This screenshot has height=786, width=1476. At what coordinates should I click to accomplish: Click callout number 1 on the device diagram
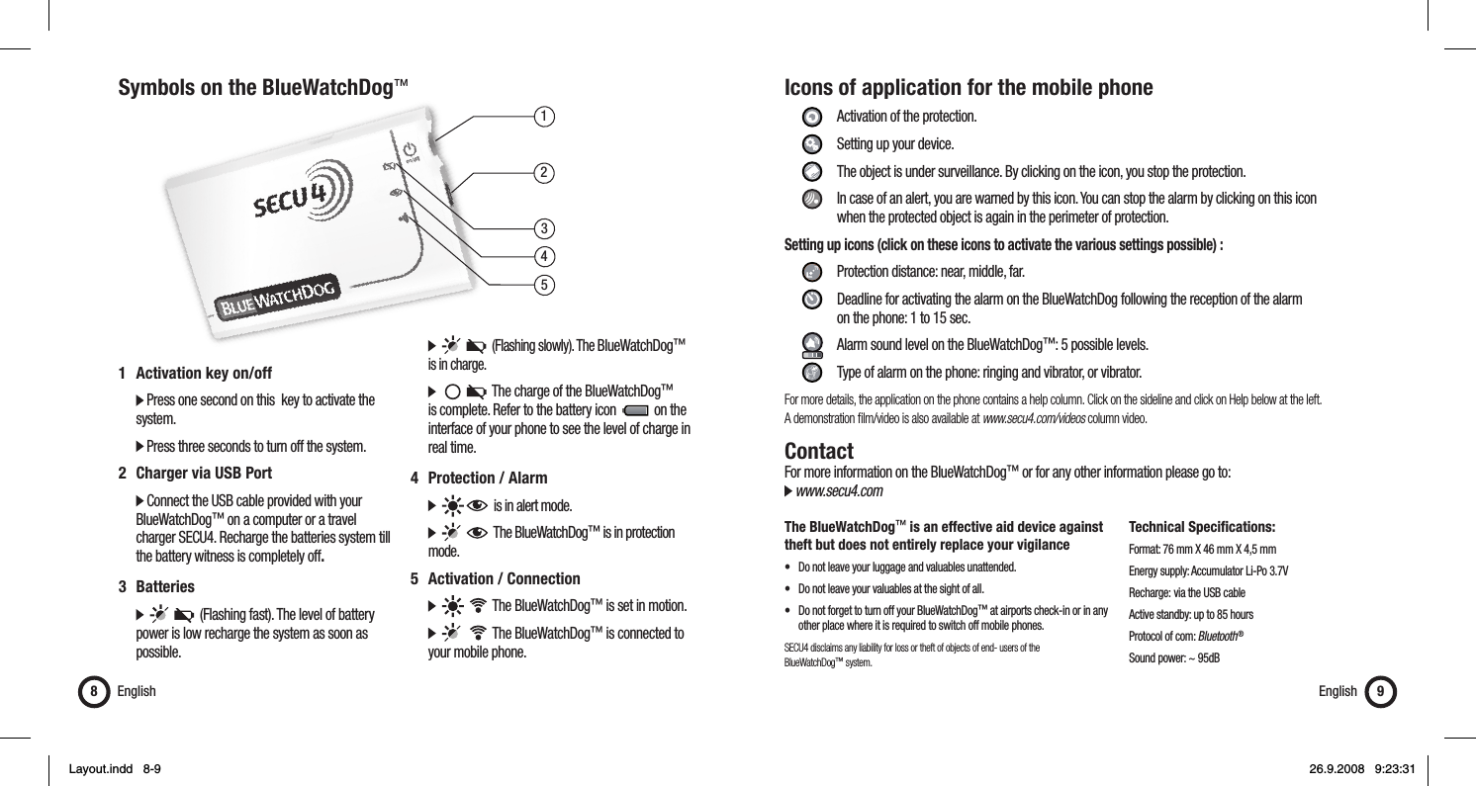(543, 116)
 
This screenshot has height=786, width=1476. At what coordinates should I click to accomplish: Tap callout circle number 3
(543, 230)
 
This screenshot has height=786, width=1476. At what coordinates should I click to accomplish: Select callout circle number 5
(543, 285)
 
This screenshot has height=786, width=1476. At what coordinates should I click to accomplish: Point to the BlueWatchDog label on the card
(279, 298)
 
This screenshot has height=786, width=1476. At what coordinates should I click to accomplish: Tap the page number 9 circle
(1378, 691)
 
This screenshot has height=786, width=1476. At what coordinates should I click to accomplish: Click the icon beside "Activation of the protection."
(810, 117)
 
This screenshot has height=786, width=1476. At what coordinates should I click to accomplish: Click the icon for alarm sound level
(810, 345)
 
